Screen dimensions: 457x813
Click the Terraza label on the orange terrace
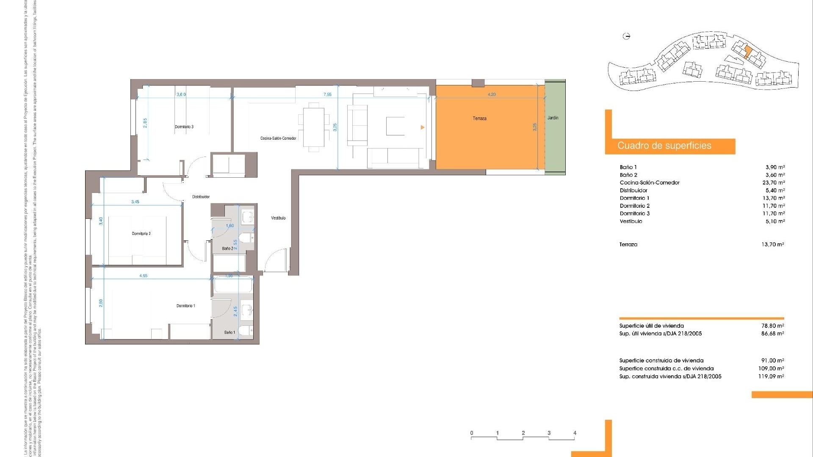pyautogui.click(x=479, y=118)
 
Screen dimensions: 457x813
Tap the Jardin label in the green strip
pyautogui.click(x=553, y=118)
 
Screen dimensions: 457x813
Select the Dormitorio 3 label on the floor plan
pyautogui.click(x=184, y=127)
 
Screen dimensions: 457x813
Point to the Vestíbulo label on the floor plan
pyautogui.click(x=278, y=218)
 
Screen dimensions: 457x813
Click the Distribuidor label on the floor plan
pyautogui.click(x=201, y=197)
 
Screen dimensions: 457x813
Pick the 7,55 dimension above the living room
pyautogui.click(x=327, y=95)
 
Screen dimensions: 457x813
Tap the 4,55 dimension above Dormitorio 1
pyautogui.click(x=144, y=276)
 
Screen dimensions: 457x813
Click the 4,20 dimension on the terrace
pyautogui.click(x=491, y=95)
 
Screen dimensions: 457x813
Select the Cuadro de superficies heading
pyautogui.click(x=664, y=146)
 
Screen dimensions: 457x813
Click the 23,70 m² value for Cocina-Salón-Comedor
pyautogui.click(x=773, y=183)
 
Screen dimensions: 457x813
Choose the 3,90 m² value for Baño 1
pyautogui.click(x=775, y=167)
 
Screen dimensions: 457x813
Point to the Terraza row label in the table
pyautogui.click(x=628, y=245)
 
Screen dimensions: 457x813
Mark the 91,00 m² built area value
pyautogui.click(x=772, y=361)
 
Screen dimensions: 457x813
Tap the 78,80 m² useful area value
pyautogui.click(x=772, y=326)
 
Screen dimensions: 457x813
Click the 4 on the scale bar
pyautogui.click(x=575, y=433)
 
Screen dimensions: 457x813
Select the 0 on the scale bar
pyautogui.click(x=472, y=433)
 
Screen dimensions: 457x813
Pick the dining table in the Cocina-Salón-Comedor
pyautogui.click(x=314, y=127)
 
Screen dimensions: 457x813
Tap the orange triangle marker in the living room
pyautogui.click(x=422, y=127)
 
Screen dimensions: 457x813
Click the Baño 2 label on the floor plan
pyautogui.click(x=227, y=248)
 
